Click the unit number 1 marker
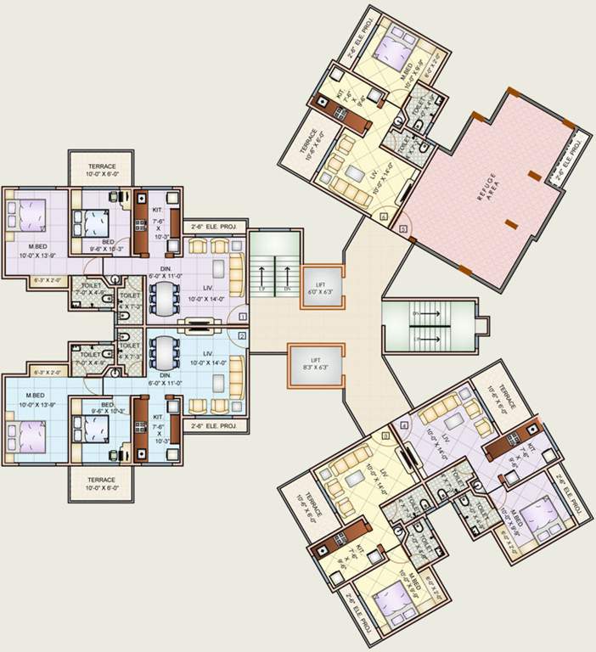coord(243,316)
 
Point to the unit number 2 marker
coord(243,336)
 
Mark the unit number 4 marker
coord(405,424)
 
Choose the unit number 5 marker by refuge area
coord(402,229)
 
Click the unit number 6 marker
coord(385,217)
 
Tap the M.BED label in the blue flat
coord(35,396)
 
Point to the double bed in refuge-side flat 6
coord(392,49)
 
